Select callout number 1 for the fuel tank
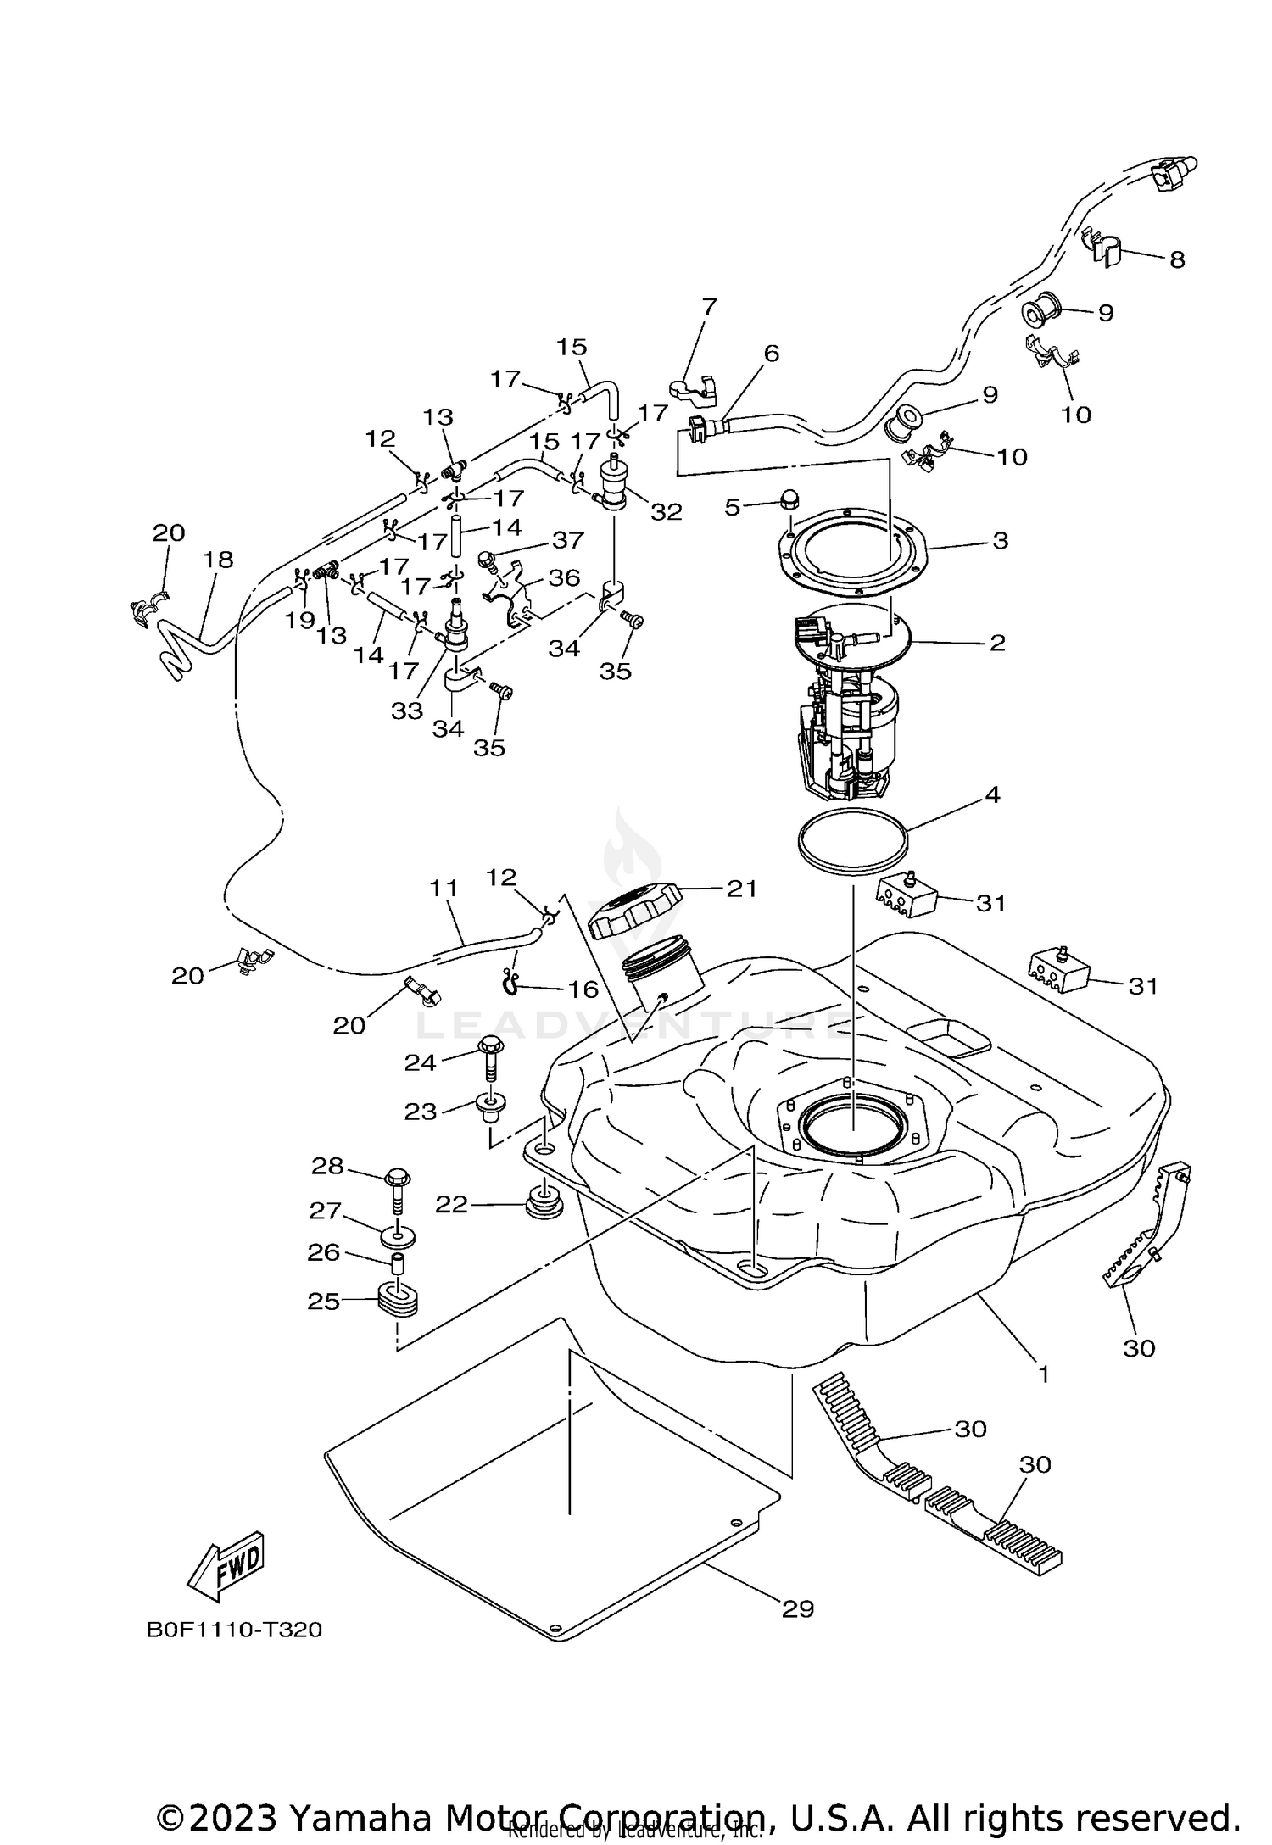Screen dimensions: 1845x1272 pos(1044,1374)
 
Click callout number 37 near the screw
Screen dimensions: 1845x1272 pos(567,540)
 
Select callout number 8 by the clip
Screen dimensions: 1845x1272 pos(1176,259)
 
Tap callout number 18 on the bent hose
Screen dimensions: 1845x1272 pos(218,560)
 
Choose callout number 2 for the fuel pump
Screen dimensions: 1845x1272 pos(997,643)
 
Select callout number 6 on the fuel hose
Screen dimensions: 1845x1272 pos(770,354)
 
